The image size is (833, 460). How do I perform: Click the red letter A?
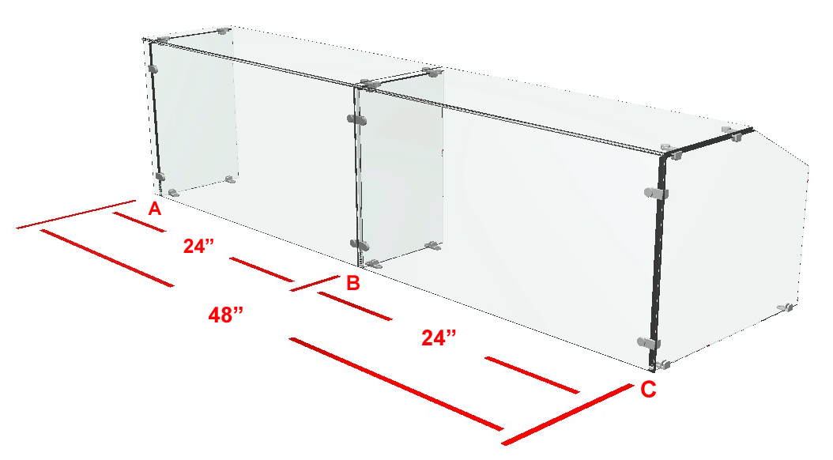155,209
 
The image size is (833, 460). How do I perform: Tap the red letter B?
352,283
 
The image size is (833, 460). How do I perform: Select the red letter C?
648,390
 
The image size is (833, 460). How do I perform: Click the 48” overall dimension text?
226,315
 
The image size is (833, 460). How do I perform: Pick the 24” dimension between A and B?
198,246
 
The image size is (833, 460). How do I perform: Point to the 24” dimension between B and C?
439,337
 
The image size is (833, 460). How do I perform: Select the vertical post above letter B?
358,175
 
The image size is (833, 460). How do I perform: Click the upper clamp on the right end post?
656,193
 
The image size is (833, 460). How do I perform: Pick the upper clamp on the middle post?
357,120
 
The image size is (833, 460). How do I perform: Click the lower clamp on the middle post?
359,244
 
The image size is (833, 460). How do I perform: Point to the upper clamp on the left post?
153,69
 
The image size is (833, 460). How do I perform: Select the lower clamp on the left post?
160,176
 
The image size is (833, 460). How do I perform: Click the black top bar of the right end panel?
709,141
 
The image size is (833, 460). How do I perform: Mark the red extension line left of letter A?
77,215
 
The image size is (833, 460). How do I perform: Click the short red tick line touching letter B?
315,283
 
